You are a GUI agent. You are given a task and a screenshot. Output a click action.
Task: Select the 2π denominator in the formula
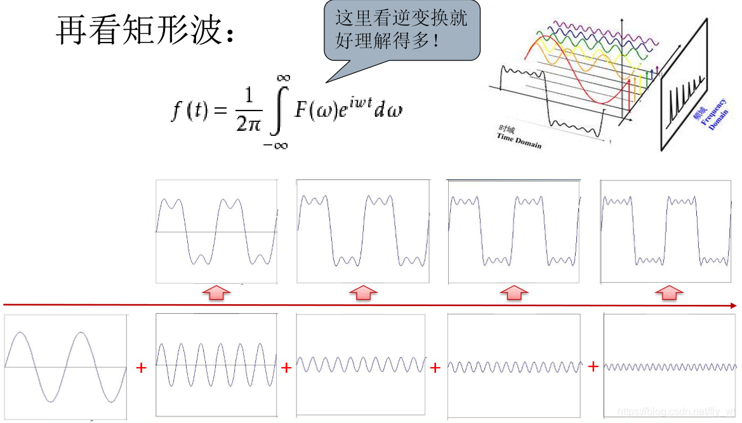click(248, 123)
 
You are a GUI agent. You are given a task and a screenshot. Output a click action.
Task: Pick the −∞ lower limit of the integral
click(275, 145)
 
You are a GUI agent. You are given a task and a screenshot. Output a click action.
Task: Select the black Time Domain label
click(520, 140)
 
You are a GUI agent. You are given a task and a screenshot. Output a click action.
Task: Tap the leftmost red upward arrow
click(216, 293)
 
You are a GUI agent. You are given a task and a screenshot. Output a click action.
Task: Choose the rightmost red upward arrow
click(668, 293)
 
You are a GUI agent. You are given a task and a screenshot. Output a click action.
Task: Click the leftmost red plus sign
click(142, 367)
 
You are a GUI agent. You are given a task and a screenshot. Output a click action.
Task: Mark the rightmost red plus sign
click(593, 366)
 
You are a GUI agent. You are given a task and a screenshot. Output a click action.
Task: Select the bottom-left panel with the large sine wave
click(65, 366)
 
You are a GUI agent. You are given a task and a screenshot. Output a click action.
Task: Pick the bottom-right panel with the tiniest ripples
click(670, 366)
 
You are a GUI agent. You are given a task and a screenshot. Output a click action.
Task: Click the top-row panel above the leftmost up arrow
click(216, 231)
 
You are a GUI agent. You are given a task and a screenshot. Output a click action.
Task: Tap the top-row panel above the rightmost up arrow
click(668, 231)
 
